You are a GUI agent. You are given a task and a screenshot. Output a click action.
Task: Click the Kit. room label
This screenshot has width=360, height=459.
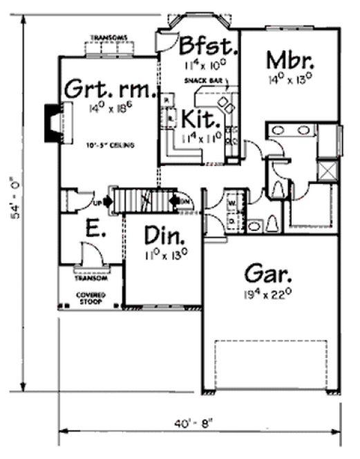tap(200, 118)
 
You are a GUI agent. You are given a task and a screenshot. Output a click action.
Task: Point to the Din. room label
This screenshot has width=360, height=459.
tap(164, 236)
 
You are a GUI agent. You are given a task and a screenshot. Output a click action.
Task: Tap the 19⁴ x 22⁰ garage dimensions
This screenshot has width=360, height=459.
tap(271, 294)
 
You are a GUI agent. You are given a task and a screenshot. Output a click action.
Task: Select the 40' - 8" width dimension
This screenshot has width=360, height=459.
tap(199, 418)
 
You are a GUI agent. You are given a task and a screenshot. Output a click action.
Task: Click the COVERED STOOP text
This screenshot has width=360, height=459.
tap(91, 297)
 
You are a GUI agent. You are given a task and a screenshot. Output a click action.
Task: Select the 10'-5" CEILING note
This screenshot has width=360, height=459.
tap(109, 145)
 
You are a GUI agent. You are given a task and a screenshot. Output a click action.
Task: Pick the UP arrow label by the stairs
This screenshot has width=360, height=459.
tap(99, 203)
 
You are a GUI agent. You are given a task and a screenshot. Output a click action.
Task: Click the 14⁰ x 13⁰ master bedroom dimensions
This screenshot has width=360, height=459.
tap(291, 79)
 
